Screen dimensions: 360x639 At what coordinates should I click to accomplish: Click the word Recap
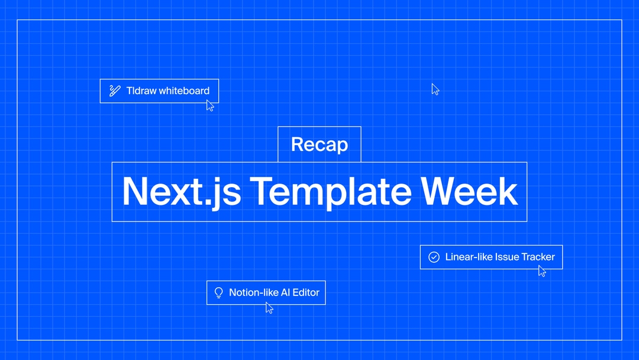tap(319, 144)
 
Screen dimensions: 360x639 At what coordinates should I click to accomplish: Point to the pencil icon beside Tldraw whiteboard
tap(115, 91)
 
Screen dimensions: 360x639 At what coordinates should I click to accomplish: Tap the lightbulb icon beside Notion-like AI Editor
tap(218, 292)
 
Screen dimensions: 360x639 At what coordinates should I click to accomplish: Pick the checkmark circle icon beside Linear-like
tap(434, 257)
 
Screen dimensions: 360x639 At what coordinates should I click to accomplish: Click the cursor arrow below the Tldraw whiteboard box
tap(210, 105)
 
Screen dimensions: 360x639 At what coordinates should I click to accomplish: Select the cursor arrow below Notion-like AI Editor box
tap(269, 307)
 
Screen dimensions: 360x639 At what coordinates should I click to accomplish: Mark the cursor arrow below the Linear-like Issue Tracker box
tap(542, 271)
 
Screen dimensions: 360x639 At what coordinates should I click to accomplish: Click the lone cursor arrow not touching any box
tap(435, 89)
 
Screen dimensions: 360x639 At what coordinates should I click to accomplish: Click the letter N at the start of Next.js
tap(135, 191)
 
